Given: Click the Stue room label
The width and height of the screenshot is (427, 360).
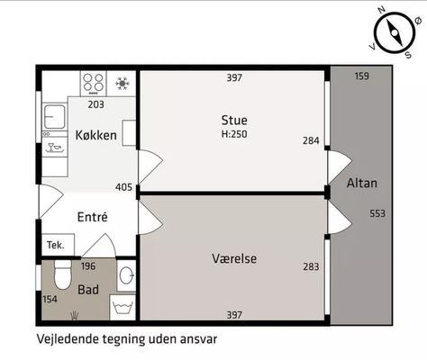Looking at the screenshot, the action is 234,121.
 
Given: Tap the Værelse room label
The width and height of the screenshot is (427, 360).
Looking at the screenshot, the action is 234,258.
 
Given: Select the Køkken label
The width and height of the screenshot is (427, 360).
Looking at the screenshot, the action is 96,135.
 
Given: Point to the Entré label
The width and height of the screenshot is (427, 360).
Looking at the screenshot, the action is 92,217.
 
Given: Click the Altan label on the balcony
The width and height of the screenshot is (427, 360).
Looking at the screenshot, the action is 362,183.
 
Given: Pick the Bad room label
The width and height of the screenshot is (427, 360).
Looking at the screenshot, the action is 88,290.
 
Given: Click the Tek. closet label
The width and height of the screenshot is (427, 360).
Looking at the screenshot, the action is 56,245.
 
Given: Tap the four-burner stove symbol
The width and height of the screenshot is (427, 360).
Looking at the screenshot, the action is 94,83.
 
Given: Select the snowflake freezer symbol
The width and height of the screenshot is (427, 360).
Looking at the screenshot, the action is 123,83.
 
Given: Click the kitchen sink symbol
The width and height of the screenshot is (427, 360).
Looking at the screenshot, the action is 55,116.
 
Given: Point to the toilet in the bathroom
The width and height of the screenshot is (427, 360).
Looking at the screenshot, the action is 63,274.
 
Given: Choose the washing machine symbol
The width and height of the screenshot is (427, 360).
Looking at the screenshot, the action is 123,308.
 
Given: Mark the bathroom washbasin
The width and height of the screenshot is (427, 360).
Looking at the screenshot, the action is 126,275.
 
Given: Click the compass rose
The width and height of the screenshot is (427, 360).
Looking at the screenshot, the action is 395,32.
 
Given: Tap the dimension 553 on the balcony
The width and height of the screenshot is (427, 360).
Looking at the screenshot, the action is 377,213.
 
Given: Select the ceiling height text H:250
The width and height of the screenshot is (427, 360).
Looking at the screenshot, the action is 234,134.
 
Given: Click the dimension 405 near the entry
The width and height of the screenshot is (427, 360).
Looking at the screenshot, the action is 123,187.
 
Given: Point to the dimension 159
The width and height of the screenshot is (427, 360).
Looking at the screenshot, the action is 361,76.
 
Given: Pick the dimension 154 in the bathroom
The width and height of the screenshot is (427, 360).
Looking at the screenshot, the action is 50,299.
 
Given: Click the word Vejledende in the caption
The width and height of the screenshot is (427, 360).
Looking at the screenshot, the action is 68,339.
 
